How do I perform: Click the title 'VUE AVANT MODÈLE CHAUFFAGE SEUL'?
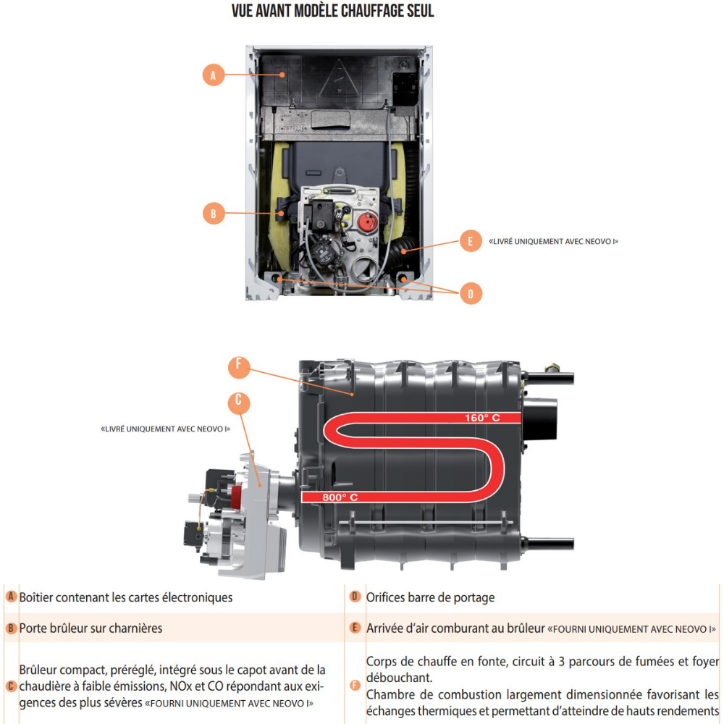click(x=332, y=11)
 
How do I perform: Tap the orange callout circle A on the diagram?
click(x=214, y=75)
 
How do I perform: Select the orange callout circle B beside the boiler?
click(x=214, y=214)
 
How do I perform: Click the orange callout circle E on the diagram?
click(x=471, y=240)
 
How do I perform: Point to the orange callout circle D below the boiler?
click(x=471, y=293)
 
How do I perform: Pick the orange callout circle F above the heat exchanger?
click(x=239, y=367)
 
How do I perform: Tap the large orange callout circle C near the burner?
click(x=239, y=403)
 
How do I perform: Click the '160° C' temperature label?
click(x=482, y=418)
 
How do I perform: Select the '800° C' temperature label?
click(x=340, y=497)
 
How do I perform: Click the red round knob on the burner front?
click(x=368, y=222)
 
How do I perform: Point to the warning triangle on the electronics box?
click(x=339, y=80)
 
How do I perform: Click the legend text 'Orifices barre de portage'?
click(x=430, y=597)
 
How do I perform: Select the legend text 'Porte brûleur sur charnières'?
click(x=91, y=628)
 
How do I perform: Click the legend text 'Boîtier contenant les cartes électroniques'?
click(x=126, y=597)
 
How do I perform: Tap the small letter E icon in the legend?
click(x=355, y=628)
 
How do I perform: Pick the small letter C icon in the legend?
click(x=11, y=686)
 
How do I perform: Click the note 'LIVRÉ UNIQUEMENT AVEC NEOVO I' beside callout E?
click(x=554, y=241)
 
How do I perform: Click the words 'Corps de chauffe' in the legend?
click(x=406, y=662)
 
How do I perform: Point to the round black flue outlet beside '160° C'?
click(x=540, y=418)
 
